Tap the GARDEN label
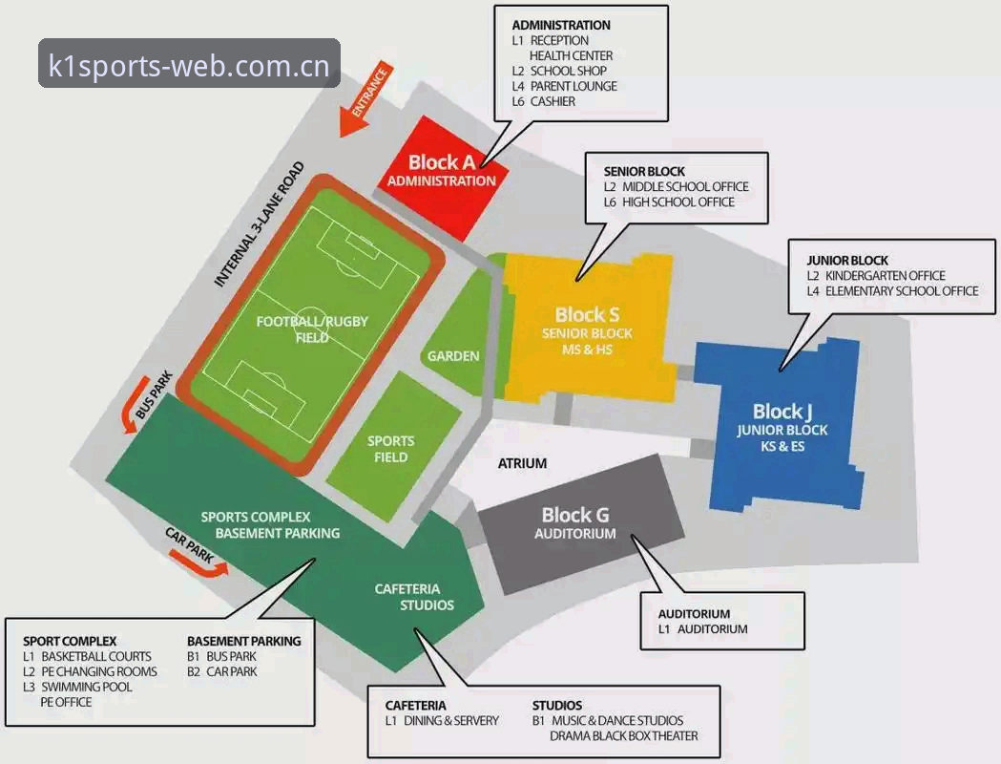(x=453, y=356)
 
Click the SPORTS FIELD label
(x=390, y=449)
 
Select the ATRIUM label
(x=522, y=463)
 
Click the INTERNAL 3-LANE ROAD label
(x=259, y=224)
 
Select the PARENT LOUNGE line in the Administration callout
(x=564, y=86)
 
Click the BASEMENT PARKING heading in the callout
(x=244, y=641)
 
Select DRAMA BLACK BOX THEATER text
(x=624, y=736)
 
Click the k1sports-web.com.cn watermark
(x=189, y=66)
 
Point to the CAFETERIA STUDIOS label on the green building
(x=415, y=597)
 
